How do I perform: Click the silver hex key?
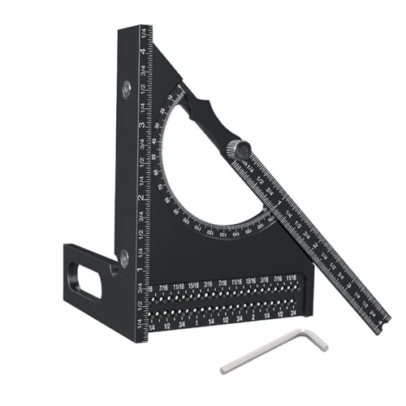[268, 352]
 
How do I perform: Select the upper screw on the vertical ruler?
[127, 88]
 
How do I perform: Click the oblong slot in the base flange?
[89, 279]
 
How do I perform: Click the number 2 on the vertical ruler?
[143, 198]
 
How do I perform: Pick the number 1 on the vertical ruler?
[143, 269]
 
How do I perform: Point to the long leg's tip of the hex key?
[222, 369]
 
